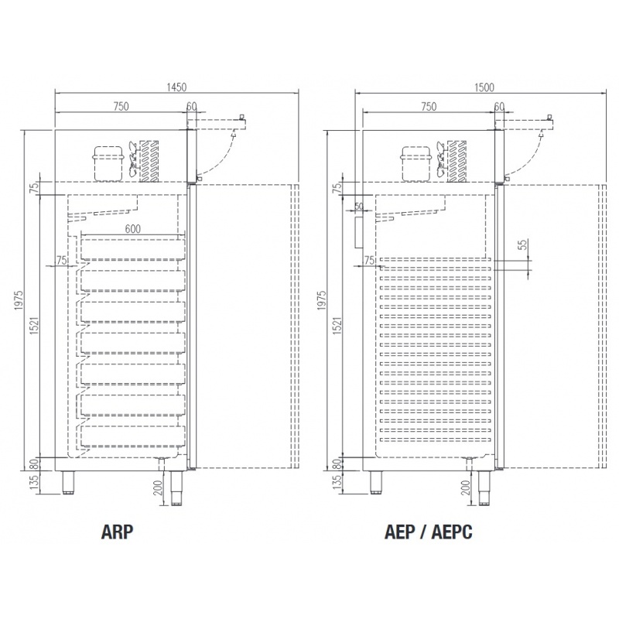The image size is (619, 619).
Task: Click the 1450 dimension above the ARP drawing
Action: (176, 87)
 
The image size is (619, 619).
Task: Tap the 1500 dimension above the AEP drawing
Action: (484, 87)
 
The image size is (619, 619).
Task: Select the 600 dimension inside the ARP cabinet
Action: (132, 229)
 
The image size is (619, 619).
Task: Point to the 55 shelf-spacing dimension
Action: (524, 245)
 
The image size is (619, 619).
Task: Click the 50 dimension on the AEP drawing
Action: (358, 207)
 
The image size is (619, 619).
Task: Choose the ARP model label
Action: (118, 532)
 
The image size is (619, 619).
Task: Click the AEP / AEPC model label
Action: (429, 532)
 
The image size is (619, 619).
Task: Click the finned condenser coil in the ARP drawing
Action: (149, 161)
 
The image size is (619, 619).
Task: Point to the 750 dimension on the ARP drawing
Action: (121, 107)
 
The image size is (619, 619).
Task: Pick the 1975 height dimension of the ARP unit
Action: (19, 300)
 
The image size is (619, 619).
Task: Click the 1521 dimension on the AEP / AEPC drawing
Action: (337, 326)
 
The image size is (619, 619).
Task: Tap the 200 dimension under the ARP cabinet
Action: (159, 488)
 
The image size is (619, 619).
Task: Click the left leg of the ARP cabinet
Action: (68, 482)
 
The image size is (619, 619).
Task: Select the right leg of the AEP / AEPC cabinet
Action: (484, 488)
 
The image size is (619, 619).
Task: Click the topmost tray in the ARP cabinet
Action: (132, 248)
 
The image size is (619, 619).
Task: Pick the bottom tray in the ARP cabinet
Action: (132, 436)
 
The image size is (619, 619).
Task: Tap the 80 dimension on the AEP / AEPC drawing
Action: (337, 463)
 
